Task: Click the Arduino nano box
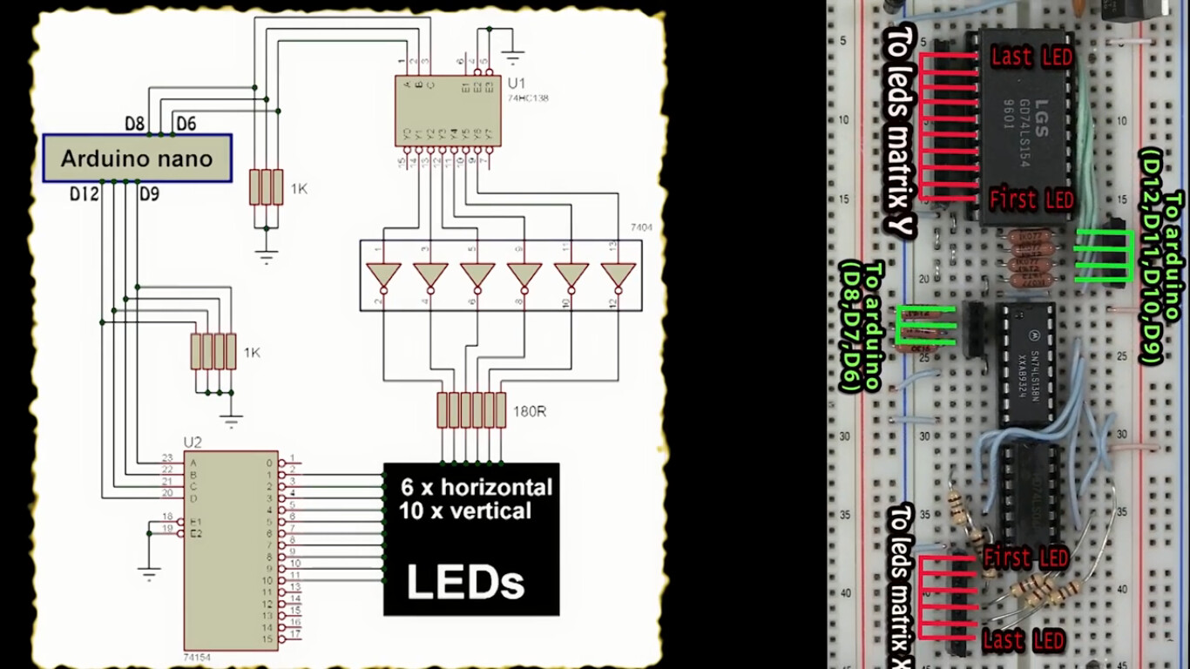pyautogui.click(x=138, y=159)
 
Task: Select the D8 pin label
pyautogui.click(x=135, y=124)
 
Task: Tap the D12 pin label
pyautogui.click(x=85, y=193)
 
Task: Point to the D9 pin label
pyautogui.click(x=149, y=193)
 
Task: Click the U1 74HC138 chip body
pyautogui.click(x=447, y=110)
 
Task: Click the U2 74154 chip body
pyautogui.click(x=230, y=549)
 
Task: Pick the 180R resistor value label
pyautogui.click(x=530, y=410)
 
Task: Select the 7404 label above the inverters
pyautogui.click(x=641, y=228)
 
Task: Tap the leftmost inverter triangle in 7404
pyautogui.click(x=383, y=275)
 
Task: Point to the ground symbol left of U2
pyautogui.click(x=149, y=571)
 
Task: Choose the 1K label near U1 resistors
pyautogui.click(x=299, y=188)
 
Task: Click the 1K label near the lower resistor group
pyautogui.click(x=252, y=353)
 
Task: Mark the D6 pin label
pyautogui.click(x=186, y=124)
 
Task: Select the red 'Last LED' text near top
pyautogui.click(x=1031, y=57)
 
